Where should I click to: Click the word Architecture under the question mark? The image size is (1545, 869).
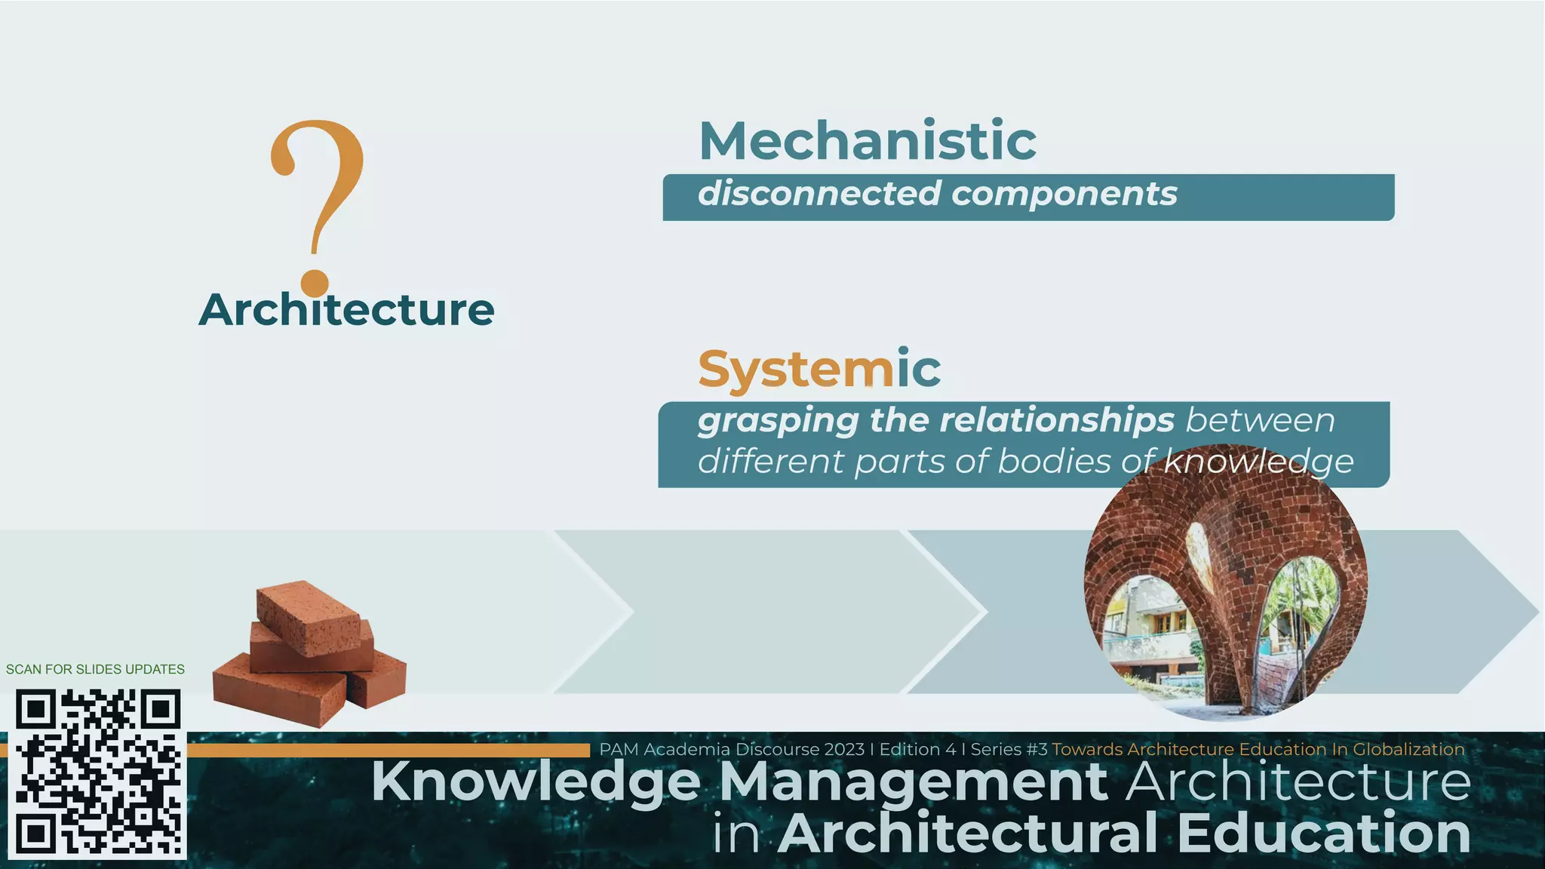[x=346, y=310]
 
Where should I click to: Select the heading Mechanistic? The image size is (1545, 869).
[x=868, y=141]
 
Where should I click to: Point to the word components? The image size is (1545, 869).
[x=1064, y=194]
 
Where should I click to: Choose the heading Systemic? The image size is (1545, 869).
[x=819, y=369]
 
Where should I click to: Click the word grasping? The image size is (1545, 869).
[x=778, y=421]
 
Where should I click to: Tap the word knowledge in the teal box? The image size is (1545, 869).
[x=1258, y=462]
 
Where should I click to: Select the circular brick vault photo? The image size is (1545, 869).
[x=1225, y=585]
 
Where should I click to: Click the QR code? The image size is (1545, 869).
[x=97, y=773]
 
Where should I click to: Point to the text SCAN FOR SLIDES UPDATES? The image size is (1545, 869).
[x=95, y=669]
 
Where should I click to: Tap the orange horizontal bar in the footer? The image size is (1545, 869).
[x=388, y=751]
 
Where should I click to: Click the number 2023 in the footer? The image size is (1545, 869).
[x=843, y=750]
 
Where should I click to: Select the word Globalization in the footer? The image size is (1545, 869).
[x=1408, y=750]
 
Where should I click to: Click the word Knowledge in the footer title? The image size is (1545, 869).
[x=535, y=782]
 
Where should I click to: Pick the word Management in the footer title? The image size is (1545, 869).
[x=913, y=782]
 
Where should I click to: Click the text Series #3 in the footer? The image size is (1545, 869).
[x=1009, y=750]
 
